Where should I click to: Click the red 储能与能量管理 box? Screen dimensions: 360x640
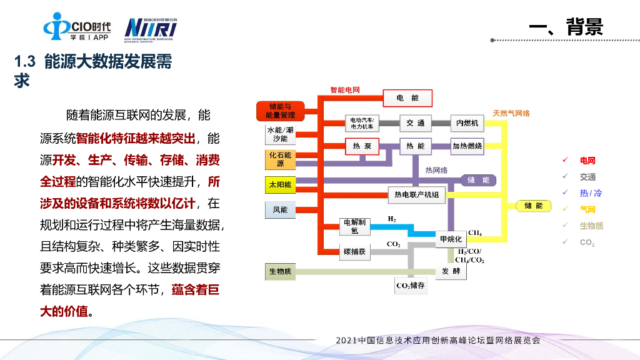(x=279, y=111)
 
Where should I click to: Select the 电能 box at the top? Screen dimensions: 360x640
(x=407, y=98)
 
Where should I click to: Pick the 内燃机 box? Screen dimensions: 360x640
(x=467, y=123)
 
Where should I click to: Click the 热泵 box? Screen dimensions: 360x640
(x=362, y=146)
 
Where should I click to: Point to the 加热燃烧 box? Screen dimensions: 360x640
(x=467, y=146)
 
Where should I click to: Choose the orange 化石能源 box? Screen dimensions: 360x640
(x=280, y=159)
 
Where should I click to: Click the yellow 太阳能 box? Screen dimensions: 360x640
(x=280, y=185)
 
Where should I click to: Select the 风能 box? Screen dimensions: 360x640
(x=280, y=210)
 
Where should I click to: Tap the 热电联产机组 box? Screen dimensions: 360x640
(x=416, y=195)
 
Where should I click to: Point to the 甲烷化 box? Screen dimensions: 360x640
(x=451, y=239)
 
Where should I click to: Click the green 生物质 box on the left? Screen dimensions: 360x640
(x=280, y=272)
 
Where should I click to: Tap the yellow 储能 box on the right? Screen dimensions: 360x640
(x=533, y=206)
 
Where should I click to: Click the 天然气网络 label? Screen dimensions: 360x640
(x=511, y=113)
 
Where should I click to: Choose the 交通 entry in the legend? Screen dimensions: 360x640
(x=587, y=177)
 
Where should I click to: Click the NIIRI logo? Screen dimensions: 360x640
(x=151, y=28)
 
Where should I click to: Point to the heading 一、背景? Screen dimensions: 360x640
(x=566, y=27)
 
